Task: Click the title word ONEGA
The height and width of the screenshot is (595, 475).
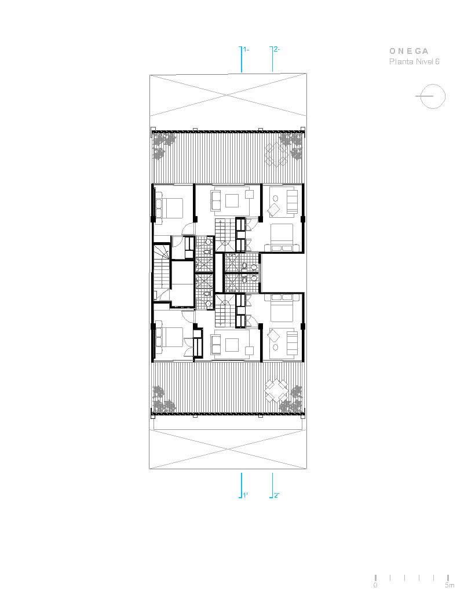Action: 409,51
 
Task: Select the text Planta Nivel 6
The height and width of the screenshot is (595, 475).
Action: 414,61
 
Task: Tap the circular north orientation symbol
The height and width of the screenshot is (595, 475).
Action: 433,96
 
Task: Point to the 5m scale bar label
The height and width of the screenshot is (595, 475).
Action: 450,585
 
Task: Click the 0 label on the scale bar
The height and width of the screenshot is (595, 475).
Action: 375,585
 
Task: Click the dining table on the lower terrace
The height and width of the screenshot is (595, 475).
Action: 276,391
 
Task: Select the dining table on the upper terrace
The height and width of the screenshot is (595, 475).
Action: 276,155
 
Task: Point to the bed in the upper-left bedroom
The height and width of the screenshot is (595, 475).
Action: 169,207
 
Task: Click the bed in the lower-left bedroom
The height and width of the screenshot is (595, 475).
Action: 169,336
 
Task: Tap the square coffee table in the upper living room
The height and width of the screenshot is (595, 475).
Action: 232,200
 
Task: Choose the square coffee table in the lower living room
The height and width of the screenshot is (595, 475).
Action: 232,345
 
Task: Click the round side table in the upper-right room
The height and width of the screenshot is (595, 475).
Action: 275,198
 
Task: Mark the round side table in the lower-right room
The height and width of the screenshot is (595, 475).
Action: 275,347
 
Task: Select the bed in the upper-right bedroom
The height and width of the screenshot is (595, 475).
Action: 282,237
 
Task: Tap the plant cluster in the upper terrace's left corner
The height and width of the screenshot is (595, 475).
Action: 164,146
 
